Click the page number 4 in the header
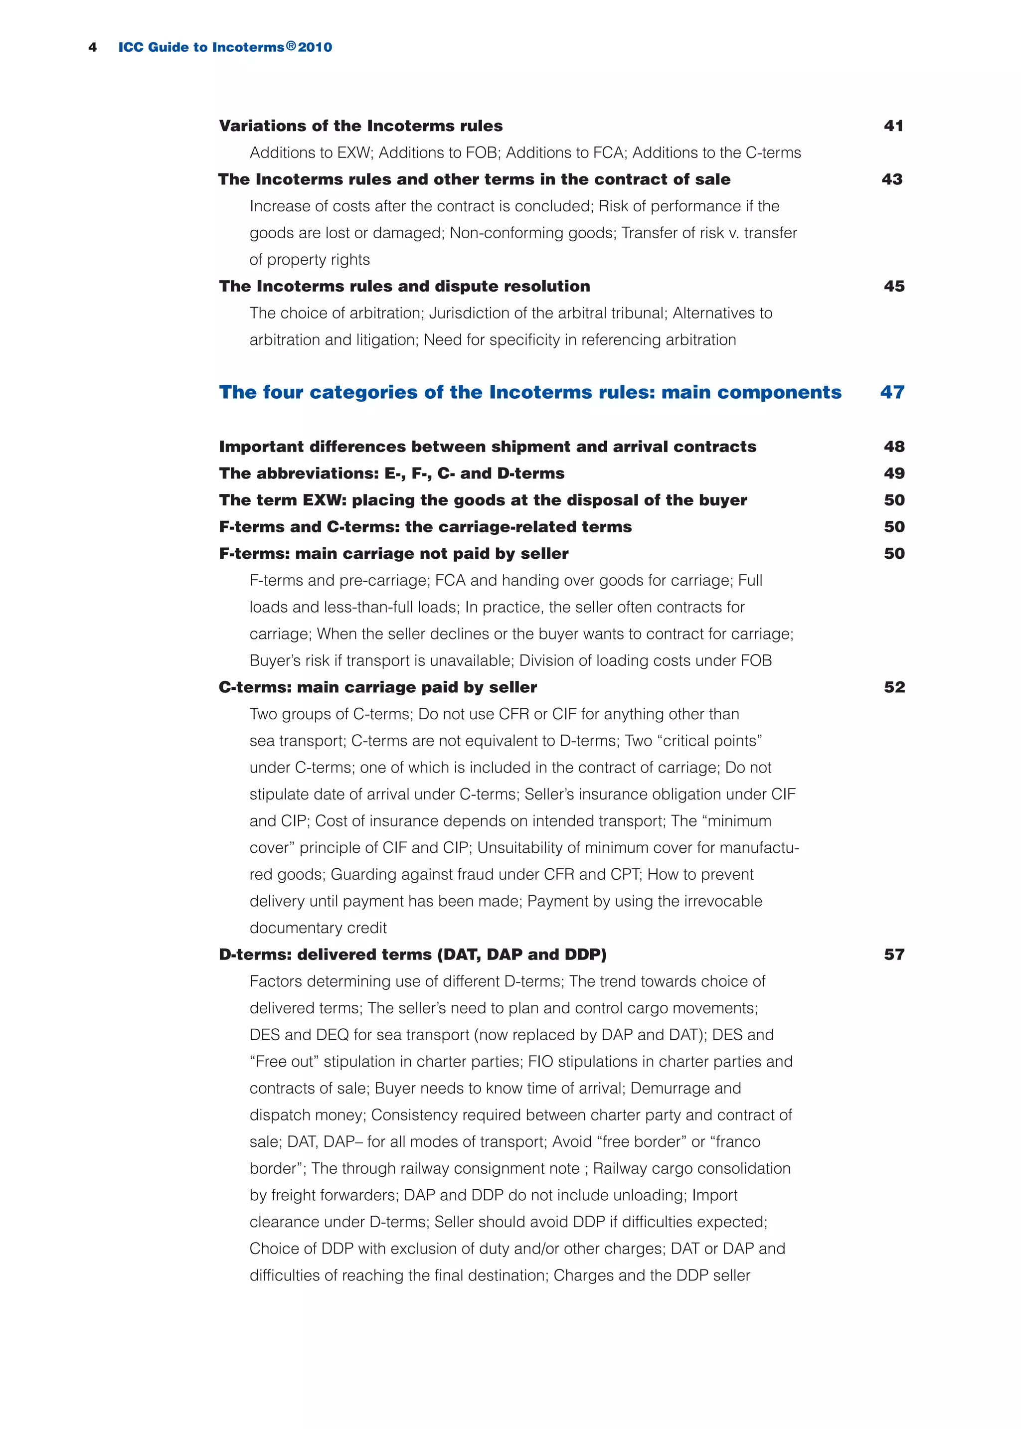[92, 48]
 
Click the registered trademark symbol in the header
[291, 46]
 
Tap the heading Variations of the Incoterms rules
[360, 126]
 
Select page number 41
[893, 126]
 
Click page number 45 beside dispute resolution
[893, 286]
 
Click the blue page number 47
[891, 392]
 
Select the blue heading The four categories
[529, 392]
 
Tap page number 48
[893, 446]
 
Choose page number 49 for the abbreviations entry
[893, 473]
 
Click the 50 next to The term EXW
[893, 500]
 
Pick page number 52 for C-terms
[893, 687]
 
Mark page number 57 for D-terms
[893, 954]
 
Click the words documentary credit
[318, 928]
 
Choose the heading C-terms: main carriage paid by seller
[377, 687]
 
